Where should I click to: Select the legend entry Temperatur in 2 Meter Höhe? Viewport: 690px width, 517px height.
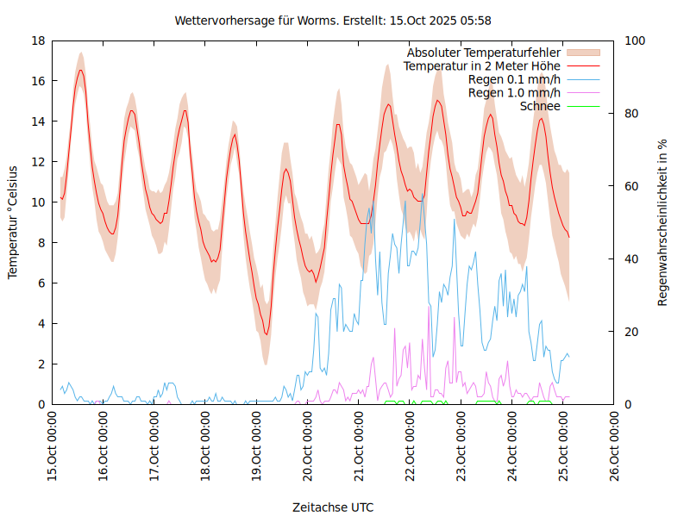coord(482,65)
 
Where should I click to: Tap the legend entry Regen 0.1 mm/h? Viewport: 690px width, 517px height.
coord(514,79)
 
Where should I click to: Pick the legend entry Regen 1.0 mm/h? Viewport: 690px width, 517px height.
coord(514,92)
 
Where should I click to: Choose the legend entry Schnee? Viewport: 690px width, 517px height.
coord(540,106)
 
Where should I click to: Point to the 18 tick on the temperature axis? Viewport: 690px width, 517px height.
coord(38,40)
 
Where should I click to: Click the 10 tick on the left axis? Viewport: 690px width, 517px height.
coord(38,202)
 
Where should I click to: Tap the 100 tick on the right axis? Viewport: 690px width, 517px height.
coord(633,40)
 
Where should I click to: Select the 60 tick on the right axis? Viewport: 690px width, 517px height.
coord(630,186)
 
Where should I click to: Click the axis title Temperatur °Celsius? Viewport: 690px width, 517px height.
coord(13,222)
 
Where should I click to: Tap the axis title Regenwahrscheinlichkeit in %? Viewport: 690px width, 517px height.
coord(663,222)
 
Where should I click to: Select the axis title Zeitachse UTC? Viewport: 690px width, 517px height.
coord(333,507)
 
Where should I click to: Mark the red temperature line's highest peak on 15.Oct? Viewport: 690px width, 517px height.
coord(80,70)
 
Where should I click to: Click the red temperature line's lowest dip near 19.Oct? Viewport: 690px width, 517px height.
coord(267,334)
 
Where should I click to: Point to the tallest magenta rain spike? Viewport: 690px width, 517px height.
coord(429,306)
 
